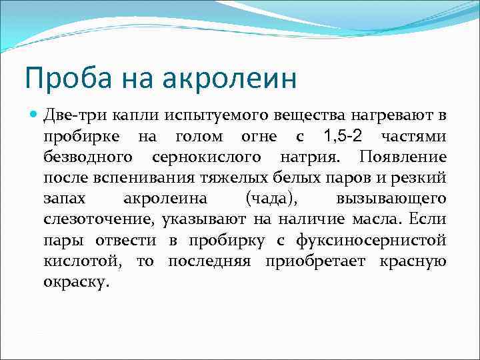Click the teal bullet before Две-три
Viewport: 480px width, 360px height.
[33, 116]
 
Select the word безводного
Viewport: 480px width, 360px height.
[87, 158]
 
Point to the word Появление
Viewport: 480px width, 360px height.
[403, 158]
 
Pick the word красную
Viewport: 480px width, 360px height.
[413, 261]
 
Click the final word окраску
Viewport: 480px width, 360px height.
[74, 282]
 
